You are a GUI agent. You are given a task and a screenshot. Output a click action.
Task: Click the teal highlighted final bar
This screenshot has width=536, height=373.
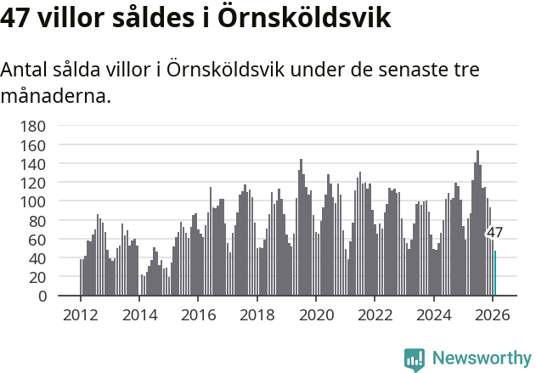coord(495,273)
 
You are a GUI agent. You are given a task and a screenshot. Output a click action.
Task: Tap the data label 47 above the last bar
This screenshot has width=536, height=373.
coord(494,233)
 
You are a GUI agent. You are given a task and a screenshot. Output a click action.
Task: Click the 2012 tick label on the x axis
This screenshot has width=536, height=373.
coord(81,314)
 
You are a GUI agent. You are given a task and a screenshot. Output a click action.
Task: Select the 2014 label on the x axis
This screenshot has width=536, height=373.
coord(139,314)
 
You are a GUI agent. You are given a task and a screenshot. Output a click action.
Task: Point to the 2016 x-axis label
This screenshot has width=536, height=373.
coord(198,314)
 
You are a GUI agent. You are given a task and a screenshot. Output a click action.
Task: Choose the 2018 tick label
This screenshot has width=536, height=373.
coord(257,314)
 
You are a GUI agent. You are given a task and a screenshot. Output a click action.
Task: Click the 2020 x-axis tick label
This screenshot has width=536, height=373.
coord(316,314)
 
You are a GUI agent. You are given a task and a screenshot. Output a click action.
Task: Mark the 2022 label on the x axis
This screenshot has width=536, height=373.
coord(375,314)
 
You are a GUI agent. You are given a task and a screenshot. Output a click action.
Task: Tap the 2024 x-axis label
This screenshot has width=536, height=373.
coord(433,314)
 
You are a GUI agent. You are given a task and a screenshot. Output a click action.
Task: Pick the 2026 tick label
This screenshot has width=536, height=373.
coord(493,314)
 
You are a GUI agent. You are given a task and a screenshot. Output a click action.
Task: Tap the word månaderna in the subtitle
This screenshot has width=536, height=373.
coord(56,96)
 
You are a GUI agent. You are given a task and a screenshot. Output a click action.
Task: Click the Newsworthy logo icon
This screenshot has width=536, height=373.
coord(415,359)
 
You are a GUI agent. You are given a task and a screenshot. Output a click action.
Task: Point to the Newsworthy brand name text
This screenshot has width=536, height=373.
coord(481,359)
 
